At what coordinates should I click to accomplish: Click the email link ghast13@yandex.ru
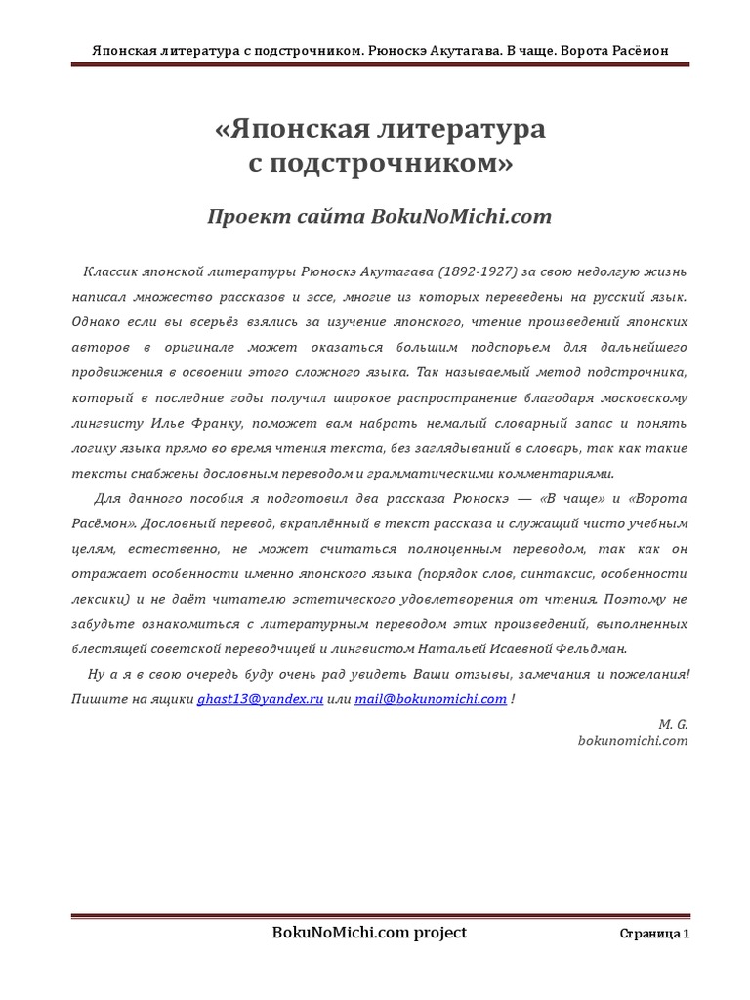coord(260,699)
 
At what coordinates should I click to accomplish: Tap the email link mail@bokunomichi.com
coord(431,699)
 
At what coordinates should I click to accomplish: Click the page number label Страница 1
coord(654,935)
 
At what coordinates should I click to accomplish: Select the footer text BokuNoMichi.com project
coord(369,933)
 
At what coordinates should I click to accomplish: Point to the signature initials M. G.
coord(674,724)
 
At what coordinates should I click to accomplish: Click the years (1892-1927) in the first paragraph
coord(483,271)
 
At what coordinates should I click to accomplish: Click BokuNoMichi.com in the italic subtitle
coord(461,217)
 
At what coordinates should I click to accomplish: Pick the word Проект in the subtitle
coord(244,217)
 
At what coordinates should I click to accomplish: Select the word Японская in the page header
coord(124,50)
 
